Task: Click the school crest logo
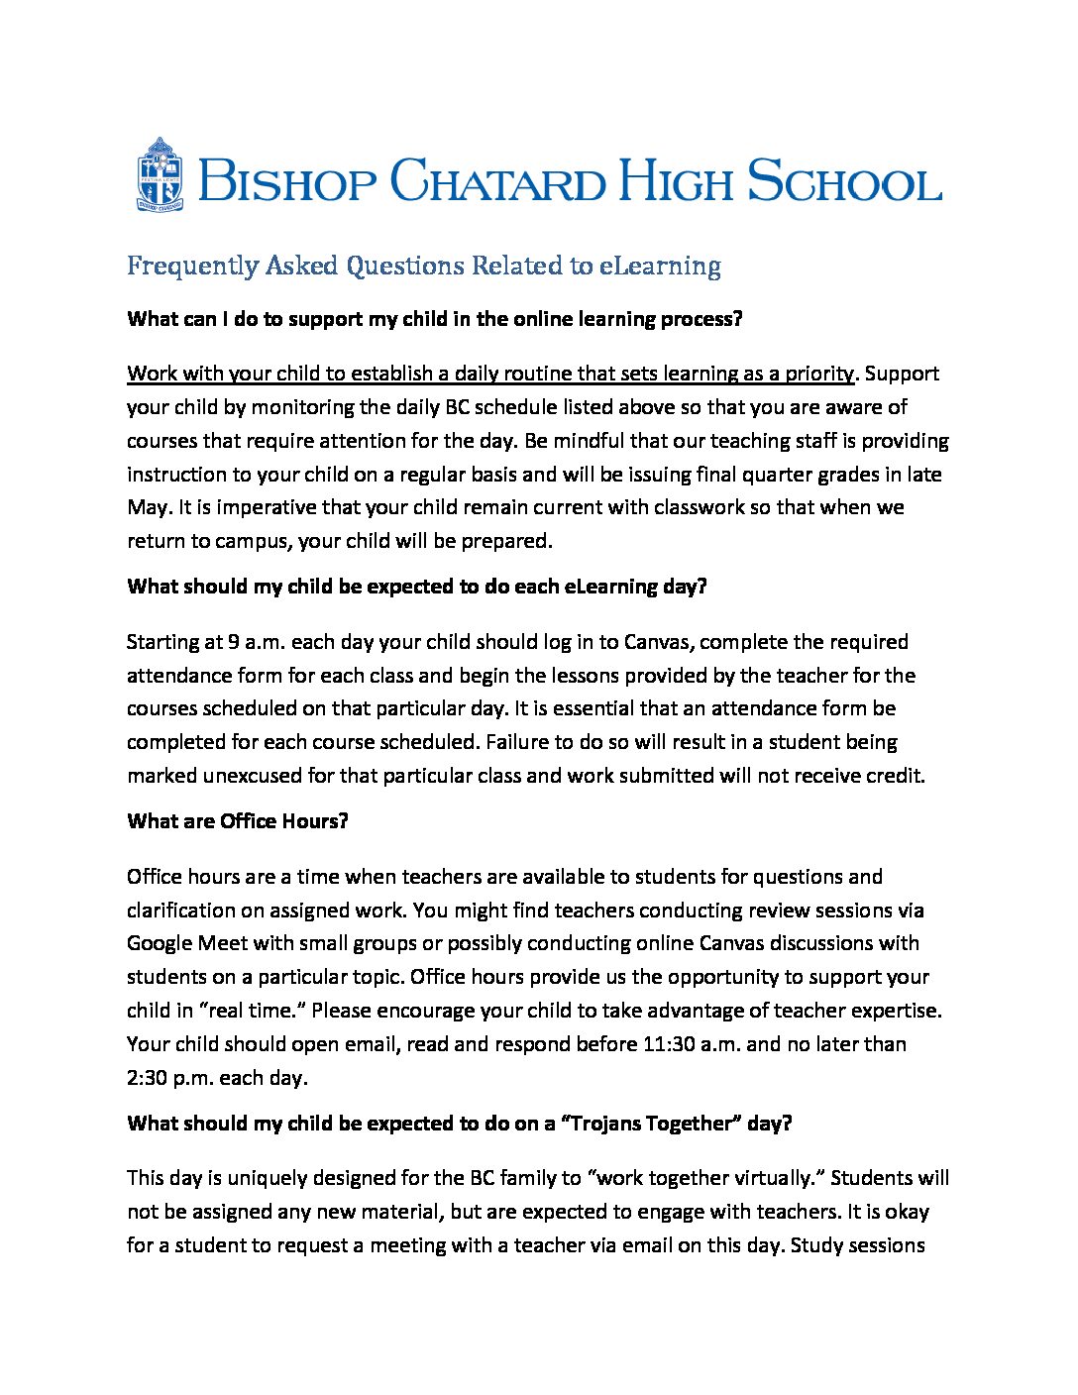pyautogui.click(x=160, y=174)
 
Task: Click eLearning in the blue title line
pyautogui.click(x=659, y=266)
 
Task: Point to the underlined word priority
pyautogui.click(x=819, y=374)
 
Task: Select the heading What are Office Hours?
pyautogui.click(x=238, y=821)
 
